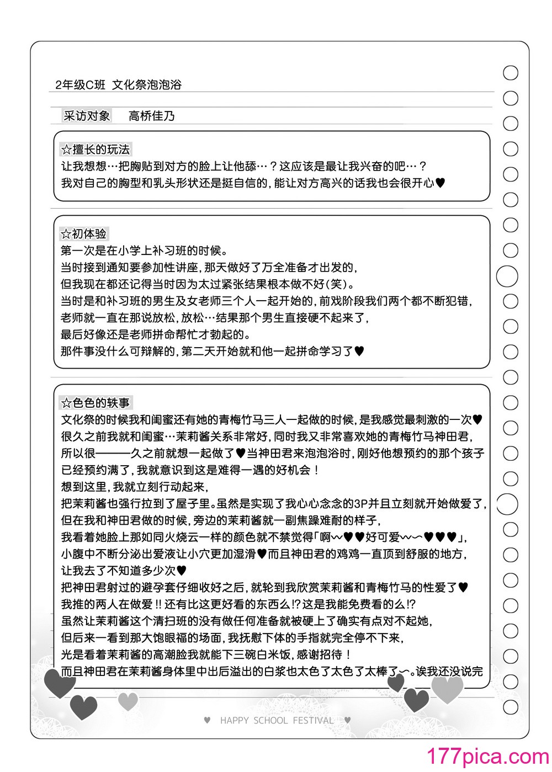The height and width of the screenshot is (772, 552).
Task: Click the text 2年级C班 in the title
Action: coord(80,85)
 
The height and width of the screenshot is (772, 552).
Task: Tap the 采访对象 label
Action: coord(87,116)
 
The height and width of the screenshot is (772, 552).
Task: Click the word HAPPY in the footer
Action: coord(235,720)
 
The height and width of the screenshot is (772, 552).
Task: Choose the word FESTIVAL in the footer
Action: coord(313,720)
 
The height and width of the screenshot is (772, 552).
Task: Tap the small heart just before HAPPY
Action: coord(207,720)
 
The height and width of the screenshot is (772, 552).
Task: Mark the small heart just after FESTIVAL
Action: coord(347,720)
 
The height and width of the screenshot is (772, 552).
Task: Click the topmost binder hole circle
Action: coord(511,73)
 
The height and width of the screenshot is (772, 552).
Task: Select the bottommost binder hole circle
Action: coord(511,707)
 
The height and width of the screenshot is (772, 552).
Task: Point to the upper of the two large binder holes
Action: coord(507,276)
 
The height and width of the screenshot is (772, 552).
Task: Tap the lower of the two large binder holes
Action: coord(507,504)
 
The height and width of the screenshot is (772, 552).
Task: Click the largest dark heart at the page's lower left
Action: coord(59,683)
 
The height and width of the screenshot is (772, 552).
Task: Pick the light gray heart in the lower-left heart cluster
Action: coord(128,701)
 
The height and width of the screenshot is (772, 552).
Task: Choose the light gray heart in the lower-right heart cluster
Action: coord(447,688)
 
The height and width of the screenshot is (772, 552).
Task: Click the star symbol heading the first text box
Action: coord(66,150)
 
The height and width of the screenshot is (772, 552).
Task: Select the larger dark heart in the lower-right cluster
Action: coord(416,700)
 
